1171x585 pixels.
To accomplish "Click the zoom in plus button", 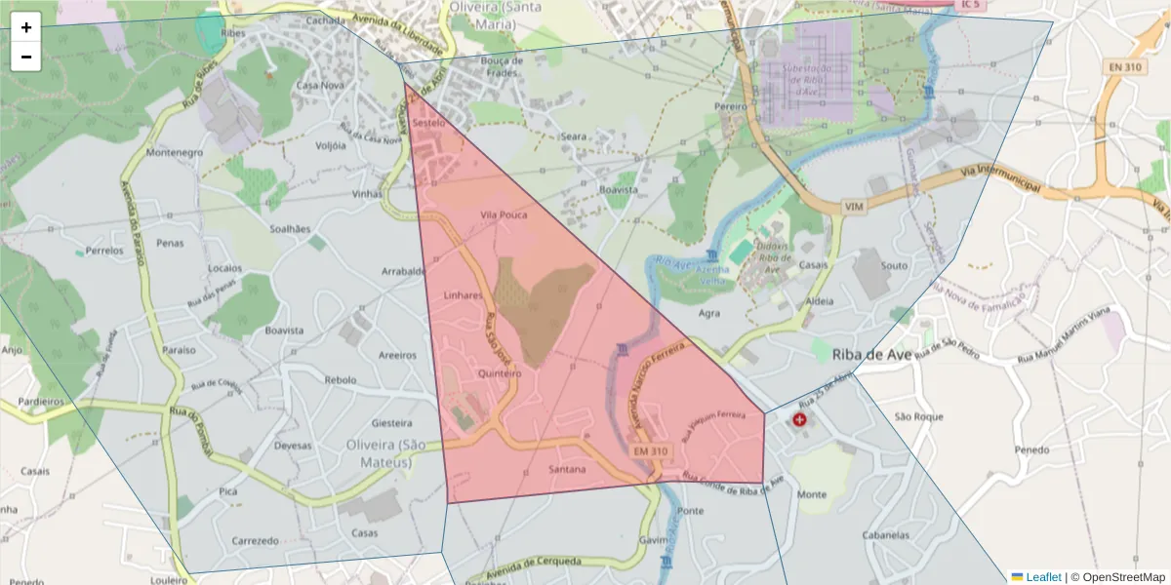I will (x=26, y=27).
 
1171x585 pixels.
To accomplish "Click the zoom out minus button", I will (x=26, y=57).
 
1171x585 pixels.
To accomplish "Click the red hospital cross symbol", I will (x=800, y=419).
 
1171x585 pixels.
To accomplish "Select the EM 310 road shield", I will (x=651, y=451).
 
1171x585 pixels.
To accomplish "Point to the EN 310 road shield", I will (x=1125, y=67).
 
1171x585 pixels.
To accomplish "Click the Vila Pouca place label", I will (x=504, y=214).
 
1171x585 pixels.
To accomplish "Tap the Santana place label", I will (x=567, y=469).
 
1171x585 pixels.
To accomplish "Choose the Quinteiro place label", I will (x=501, y=373).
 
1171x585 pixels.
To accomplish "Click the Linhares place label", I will (x=464, y=294).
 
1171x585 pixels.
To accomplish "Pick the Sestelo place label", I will (x=429, y=124).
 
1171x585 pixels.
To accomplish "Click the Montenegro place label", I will (x=174, y=153).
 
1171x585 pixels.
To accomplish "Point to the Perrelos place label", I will (x=104, y=251).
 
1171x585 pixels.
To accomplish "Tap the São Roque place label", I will (x=918, y=417).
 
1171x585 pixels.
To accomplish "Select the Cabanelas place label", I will (x=892, y=535).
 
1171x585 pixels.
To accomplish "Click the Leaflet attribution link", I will (x=1043, y=577).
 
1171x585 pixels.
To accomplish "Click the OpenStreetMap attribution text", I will (x=1117, y=577).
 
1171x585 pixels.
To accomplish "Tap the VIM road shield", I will (x=855, y=208).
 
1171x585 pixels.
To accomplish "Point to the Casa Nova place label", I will (x=321, y=86).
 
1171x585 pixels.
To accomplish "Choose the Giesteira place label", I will (x=392, y=424).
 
